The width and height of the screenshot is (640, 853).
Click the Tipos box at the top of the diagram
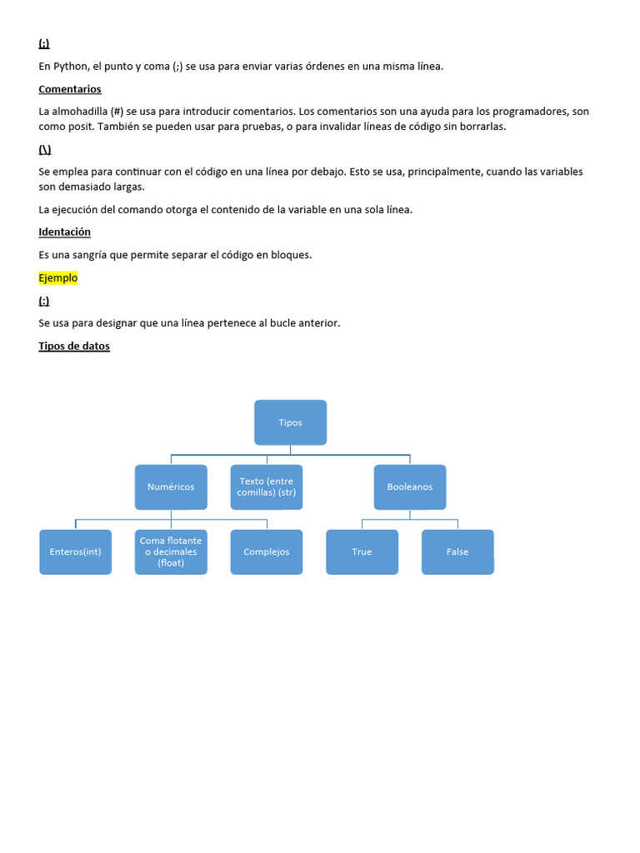tap(290, 422)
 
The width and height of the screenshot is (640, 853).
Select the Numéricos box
tap(171, 486)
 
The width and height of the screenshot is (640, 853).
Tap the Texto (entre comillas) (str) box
tap(267, 486)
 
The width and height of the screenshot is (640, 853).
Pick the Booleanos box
tap(409, 486)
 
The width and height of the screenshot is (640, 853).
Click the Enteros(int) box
tap(75, 551)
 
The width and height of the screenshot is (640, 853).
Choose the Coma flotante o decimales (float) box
tap(171, 551)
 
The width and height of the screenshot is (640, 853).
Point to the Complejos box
tap(267, 551)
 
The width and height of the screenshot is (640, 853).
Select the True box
tap(362, 551)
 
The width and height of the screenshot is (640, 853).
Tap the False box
tap(457, 551)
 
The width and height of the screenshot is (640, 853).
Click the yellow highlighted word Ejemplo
tap(57, 277)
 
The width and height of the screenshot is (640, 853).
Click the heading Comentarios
tap(70, 88)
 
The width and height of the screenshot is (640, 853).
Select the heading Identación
tap(64, 232)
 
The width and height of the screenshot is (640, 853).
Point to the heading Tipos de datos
tap(74, 346)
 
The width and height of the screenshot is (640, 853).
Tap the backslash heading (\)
tap(45, 149)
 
